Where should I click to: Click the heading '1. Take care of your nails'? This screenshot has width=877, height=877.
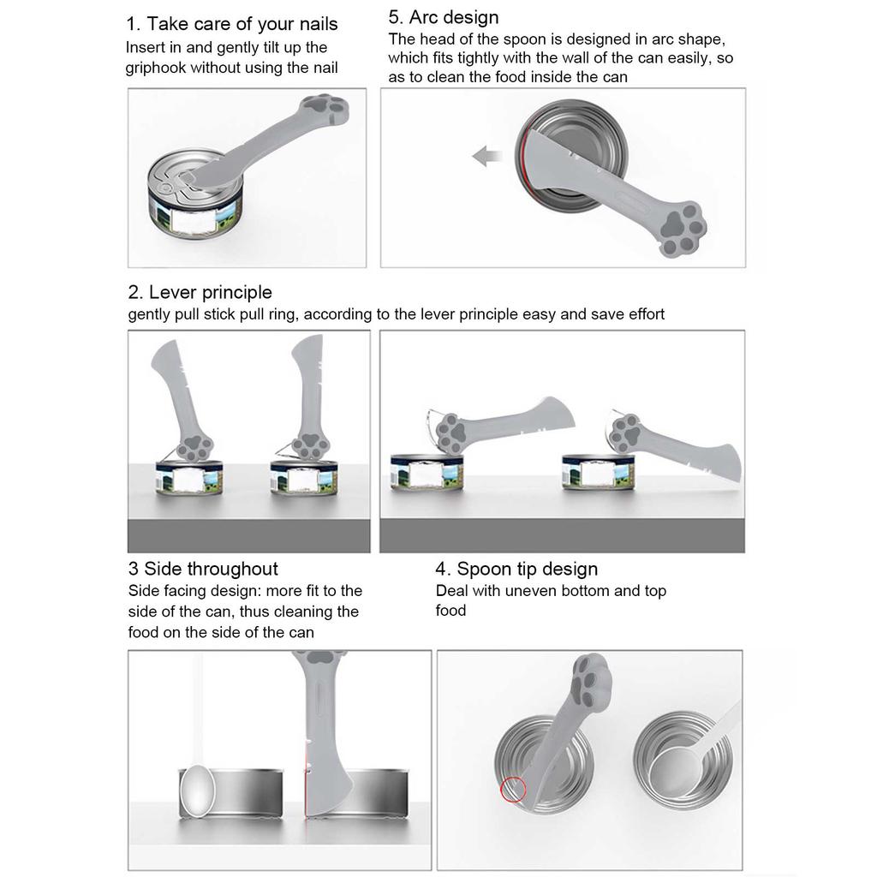pos(231,24)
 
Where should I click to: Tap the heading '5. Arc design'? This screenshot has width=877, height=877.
pos(443,17)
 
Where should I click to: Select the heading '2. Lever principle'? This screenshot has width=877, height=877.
pos(200,293)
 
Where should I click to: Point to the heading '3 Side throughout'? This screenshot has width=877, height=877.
pos(203,569)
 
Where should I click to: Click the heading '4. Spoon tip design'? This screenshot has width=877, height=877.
pos(516,569)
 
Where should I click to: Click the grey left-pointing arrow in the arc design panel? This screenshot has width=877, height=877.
pos(486,156)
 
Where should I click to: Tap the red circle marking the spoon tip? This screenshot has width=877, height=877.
pos(513,789)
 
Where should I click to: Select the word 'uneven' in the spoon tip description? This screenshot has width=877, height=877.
pos(531,591)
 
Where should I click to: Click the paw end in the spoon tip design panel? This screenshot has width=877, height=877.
pos(590,681)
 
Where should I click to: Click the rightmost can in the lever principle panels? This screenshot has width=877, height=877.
pos(599,472)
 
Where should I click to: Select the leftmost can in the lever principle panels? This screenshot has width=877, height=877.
pos(189,478)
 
